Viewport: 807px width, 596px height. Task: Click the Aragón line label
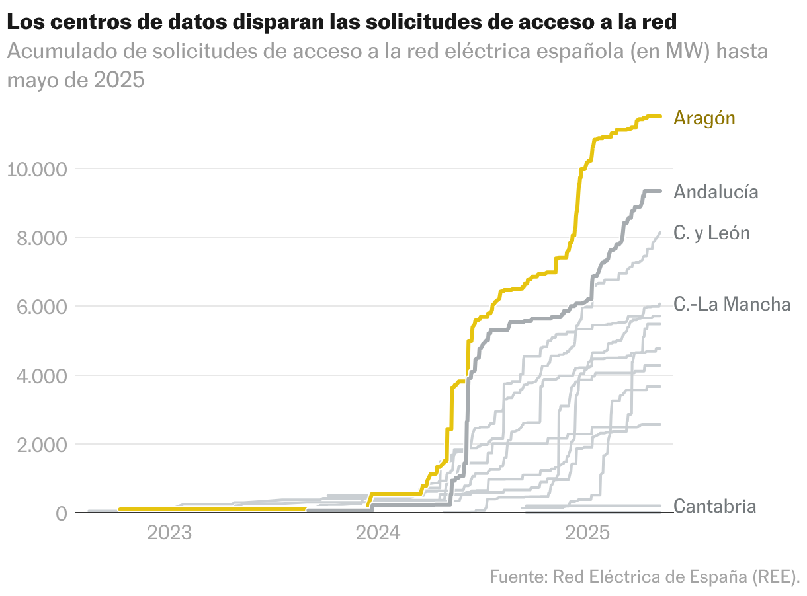704,118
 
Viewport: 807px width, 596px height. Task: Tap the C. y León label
712,233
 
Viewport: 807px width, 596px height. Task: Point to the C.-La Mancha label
732,304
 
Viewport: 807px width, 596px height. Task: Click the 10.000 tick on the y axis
36,169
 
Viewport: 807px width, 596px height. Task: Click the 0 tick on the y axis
62,513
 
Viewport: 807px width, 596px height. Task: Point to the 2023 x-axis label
169,533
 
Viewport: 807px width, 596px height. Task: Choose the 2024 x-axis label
379,533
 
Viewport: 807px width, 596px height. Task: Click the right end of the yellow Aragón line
659,116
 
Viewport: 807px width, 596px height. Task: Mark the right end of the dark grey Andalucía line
659,190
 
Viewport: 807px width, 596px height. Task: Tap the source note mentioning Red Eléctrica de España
645,576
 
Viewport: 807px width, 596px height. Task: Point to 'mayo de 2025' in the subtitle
75,80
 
